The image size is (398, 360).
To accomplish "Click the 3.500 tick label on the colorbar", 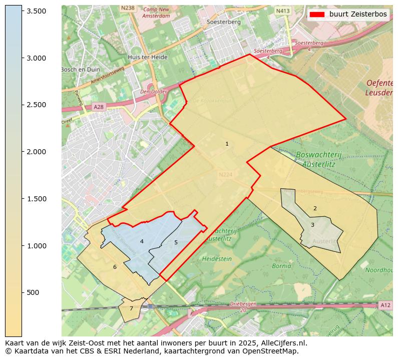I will tap(37, 11).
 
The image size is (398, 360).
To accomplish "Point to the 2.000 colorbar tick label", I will tap(37, 152).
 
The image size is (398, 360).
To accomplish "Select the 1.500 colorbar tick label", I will tap(37, 199).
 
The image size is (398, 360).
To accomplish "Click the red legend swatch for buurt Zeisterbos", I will tap(317, 15).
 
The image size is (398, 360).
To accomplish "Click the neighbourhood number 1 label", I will tap(227, 144).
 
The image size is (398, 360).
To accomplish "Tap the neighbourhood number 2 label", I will tap(315, 209).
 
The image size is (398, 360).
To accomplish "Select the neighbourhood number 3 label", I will tap(312, 225).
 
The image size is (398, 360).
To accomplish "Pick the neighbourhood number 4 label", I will tap(142, 242).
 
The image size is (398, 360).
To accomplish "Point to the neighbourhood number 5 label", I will tap(176, 243).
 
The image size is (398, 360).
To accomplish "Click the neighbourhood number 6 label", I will tap(115, 267).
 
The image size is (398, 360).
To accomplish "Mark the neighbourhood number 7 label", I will tap(131, 309).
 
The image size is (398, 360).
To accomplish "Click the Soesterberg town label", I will tap(224, 22).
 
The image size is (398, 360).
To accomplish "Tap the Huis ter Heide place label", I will tap(147, 57).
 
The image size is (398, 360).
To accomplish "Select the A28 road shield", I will tap(98, 107).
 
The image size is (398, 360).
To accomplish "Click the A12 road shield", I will tap(385, 305).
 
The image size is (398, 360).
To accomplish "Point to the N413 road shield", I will tap(283, 11).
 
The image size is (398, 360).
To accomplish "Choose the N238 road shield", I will tap(128, 8).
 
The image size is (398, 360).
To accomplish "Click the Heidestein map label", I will tap(217, 259).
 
